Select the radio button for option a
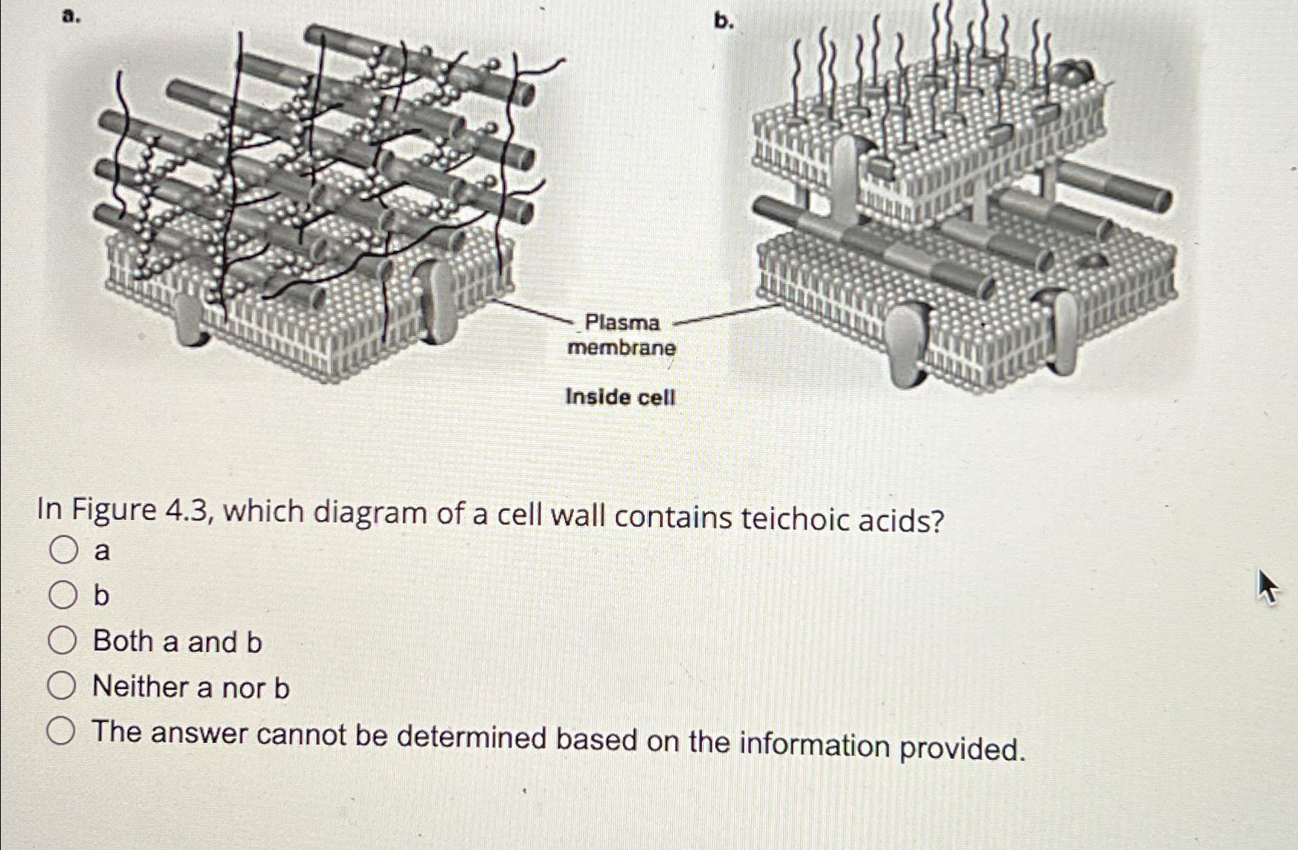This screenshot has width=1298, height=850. [x=63, y=550]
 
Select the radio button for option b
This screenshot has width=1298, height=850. [x=63, y=595]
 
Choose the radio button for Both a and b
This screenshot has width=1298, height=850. [x=62, y=641]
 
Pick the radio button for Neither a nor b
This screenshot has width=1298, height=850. [x=61, y=686]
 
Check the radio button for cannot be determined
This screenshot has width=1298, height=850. [x=61, y=732]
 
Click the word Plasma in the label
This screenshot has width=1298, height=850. [x=623, y=323]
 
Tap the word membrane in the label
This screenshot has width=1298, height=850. [x=622, y=348]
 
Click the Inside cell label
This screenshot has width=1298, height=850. [x=620, y=397]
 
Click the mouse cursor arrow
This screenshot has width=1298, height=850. [x=1267, y=587]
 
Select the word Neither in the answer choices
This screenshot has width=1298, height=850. [x=141, y=687]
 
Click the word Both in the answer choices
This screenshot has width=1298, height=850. [x=123, y=642]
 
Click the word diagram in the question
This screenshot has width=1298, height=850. [x=370, y=513]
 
